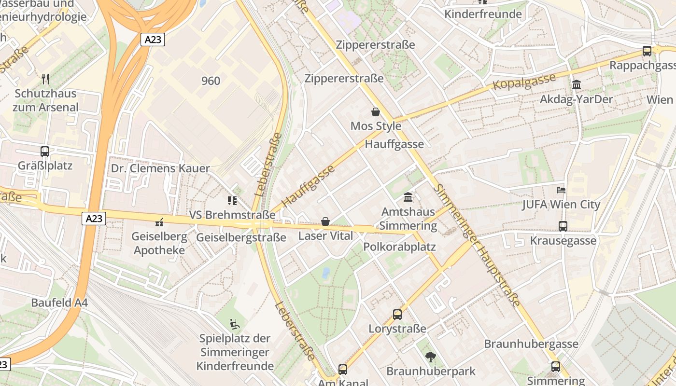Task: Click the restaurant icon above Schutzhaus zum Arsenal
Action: [45, 79]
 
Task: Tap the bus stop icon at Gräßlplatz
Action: [45, 152]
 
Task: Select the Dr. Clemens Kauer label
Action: [160, 168]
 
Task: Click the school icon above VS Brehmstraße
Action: [232, 200]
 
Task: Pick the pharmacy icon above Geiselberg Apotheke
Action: [159, 222]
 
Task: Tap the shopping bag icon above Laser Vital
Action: [325, 221]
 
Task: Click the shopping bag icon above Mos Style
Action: [376, 112]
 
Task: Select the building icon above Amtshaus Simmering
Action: [408, 197]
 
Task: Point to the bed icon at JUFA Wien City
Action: [561, 190]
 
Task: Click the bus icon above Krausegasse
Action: [563, 226]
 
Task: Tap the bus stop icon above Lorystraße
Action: [397, 315]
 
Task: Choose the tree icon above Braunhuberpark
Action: [430, 357]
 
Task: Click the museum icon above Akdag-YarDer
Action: [576, 85]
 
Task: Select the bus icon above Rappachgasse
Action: [647, 51]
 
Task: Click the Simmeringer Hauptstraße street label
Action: [478, 245]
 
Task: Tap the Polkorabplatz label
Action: [399, 247]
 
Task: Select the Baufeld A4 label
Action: [59, 303]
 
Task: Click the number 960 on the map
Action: [211, 81]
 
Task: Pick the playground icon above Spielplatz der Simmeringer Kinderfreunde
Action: [235, 324]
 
